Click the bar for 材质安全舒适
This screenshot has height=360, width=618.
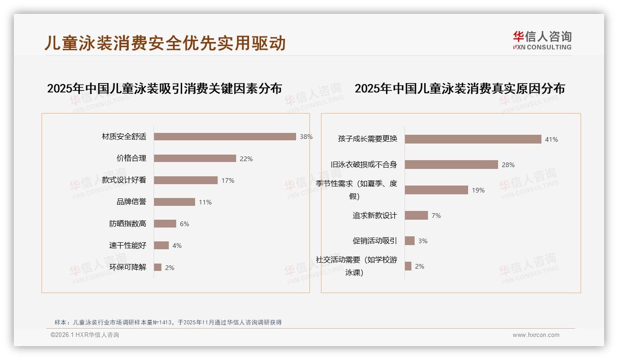(225, 137)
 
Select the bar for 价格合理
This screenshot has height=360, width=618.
(195, 158)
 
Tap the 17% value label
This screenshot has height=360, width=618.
(228, 180)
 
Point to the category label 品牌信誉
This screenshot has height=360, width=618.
(131, 202)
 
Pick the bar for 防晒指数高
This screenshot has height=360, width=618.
(165, 224)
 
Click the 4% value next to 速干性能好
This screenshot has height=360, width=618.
(177, 246)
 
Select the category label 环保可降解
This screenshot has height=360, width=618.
(128, 267)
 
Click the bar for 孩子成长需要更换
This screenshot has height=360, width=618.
(473, 139)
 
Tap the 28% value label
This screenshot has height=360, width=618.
(508, 165)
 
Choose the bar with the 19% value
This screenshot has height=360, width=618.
(436, 190)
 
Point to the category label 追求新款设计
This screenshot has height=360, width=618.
(374, 216)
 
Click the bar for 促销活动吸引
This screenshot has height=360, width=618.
(410, 241)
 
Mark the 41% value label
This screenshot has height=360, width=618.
(552, 139)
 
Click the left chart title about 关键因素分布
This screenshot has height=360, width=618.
(164, 88)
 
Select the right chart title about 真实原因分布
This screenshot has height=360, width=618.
(459, 88)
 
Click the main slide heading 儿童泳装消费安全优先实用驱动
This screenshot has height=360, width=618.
(165, 43)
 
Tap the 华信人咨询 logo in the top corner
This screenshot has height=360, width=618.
(542, 41)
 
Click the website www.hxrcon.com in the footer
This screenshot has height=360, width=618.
(536, 335)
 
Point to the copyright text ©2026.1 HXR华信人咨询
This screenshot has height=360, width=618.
(85, 335)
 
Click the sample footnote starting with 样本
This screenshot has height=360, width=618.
(168, 323)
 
